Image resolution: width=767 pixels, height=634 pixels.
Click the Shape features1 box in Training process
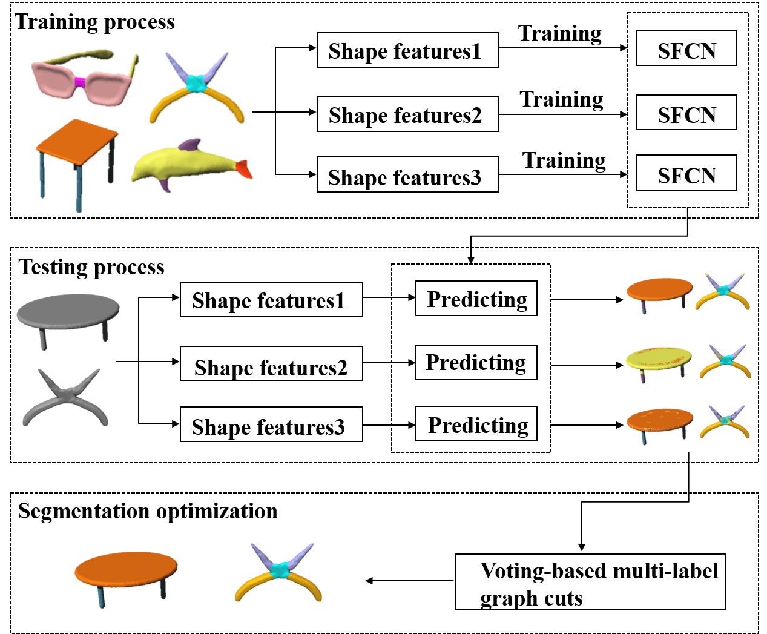click(407, 50)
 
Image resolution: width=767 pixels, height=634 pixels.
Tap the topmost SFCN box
click(686, 48)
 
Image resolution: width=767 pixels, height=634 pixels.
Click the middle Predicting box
click(476, 362)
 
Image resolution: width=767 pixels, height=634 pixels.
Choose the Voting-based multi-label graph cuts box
click(590, 582)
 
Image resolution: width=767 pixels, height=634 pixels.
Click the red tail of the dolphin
click(243, 168)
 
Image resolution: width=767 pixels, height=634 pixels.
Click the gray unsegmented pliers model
click(65, 397)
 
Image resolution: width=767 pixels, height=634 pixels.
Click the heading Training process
click(95, 22)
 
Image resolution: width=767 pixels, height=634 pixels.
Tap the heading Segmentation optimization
click(148, 511)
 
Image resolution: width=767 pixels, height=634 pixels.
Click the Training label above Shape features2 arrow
click(561, 99)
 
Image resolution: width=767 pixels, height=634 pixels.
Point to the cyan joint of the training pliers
click(196, 84)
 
